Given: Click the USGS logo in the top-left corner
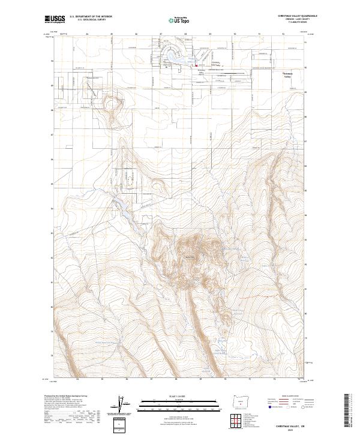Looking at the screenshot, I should (x=56, y=19).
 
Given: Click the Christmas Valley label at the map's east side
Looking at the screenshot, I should (x=290, y=75).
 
